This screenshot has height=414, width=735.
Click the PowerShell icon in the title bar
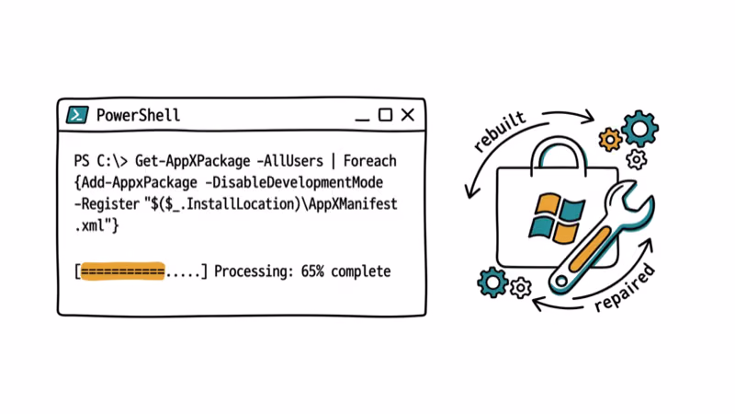77,115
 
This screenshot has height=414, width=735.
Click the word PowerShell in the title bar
138,115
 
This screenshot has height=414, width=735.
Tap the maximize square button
386,115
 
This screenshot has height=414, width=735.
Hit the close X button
407,115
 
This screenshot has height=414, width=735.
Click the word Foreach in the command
369,161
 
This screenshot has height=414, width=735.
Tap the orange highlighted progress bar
122,271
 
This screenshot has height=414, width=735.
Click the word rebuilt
500,132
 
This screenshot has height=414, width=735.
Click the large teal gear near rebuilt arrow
639,129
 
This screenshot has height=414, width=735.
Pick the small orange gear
610,140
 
